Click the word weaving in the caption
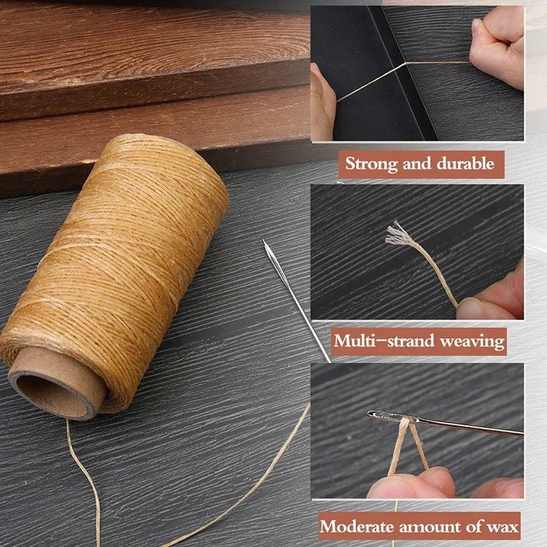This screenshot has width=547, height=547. coord(474,341)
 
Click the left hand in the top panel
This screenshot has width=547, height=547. coord(322,103)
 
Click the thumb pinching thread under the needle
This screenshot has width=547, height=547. coord(410,482)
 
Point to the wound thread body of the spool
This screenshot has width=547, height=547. coord(123,260)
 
